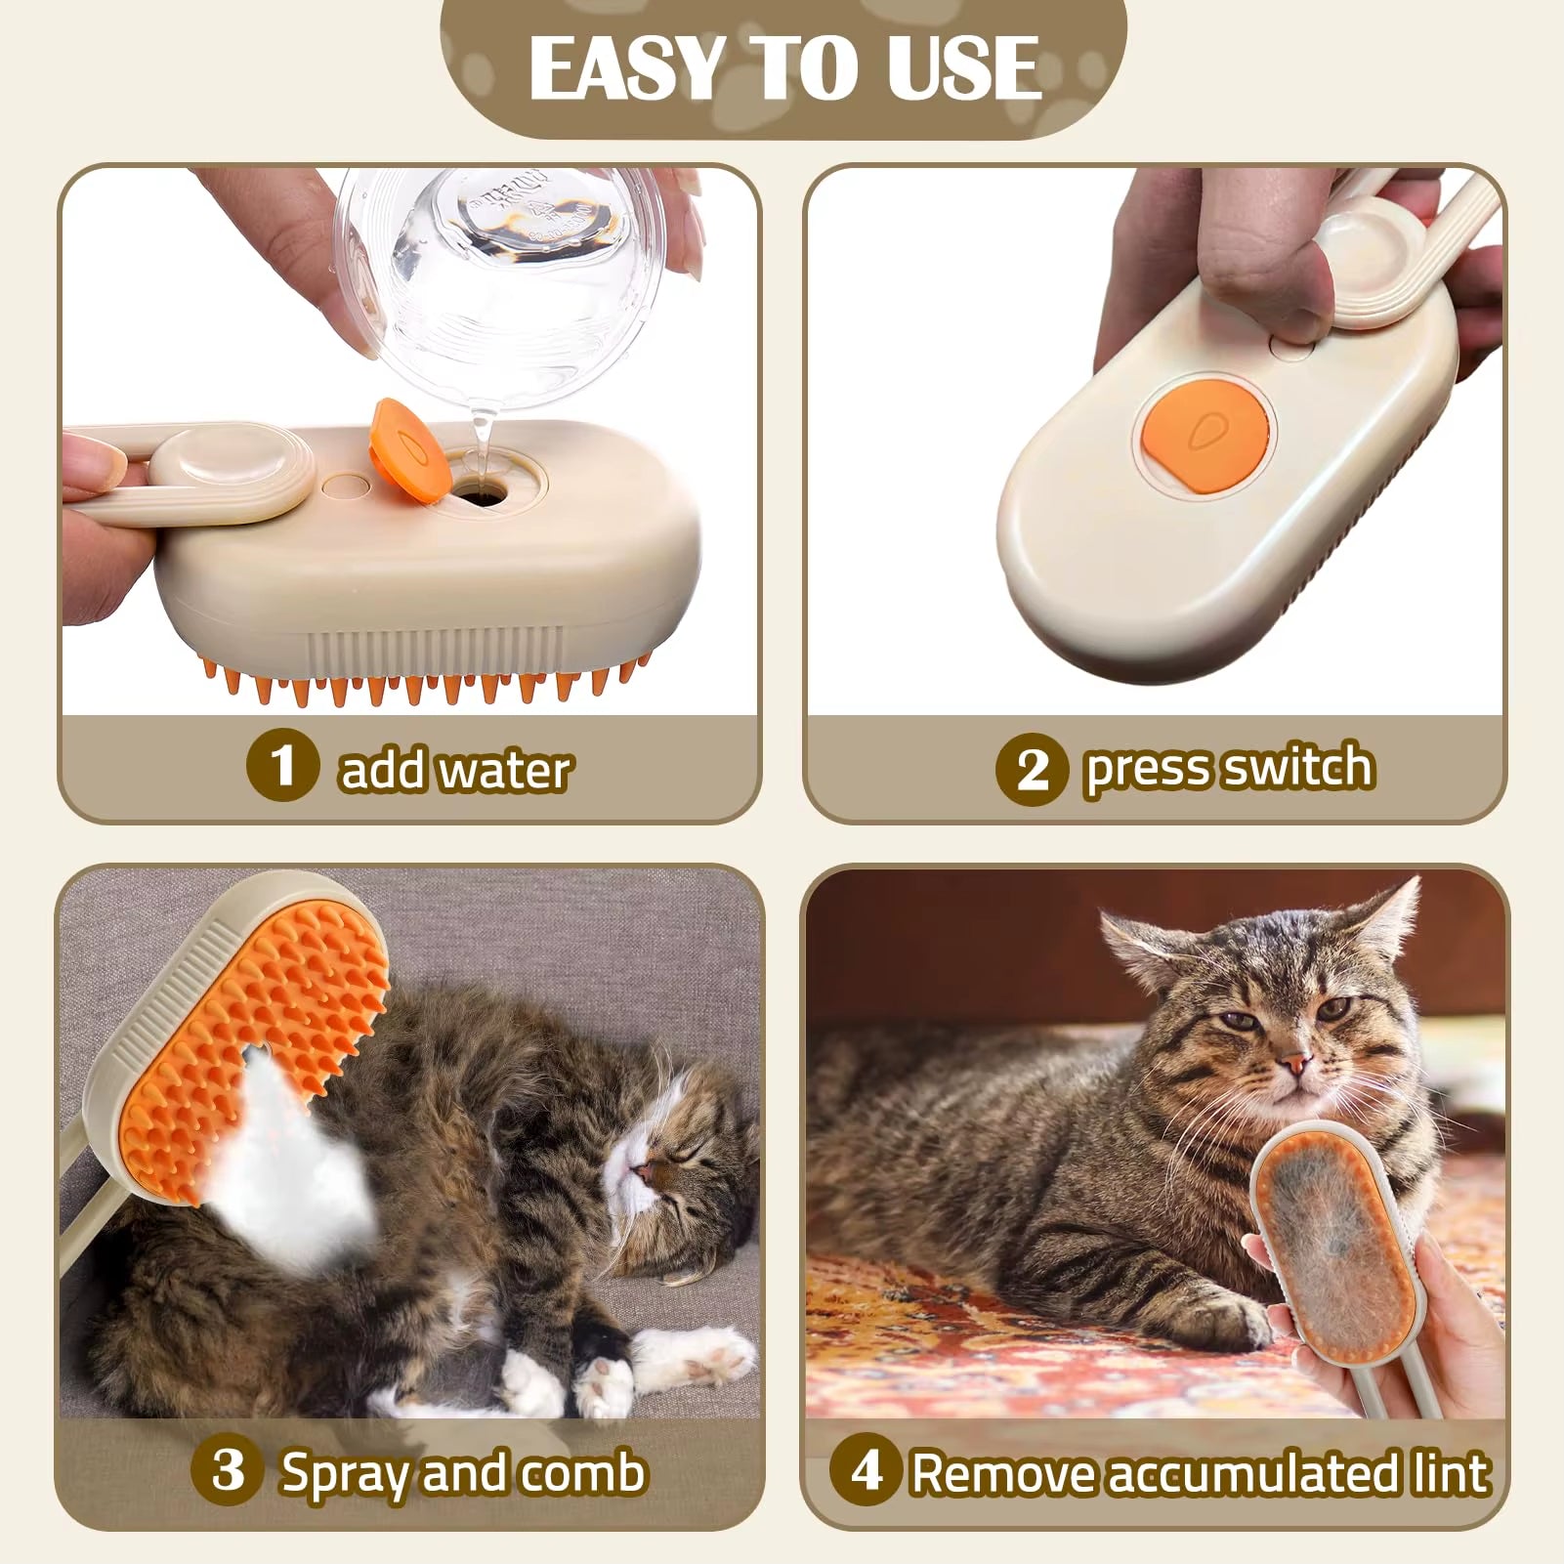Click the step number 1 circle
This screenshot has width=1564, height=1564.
point(282,767)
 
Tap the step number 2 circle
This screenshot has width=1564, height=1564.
point(1032,769)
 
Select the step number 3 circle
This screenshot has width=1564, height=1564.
point(229,1469)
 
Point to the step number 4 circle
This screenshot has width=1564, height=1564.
point(866,1470)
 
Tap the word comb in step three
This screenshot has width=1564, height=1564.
point(583,1472)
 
